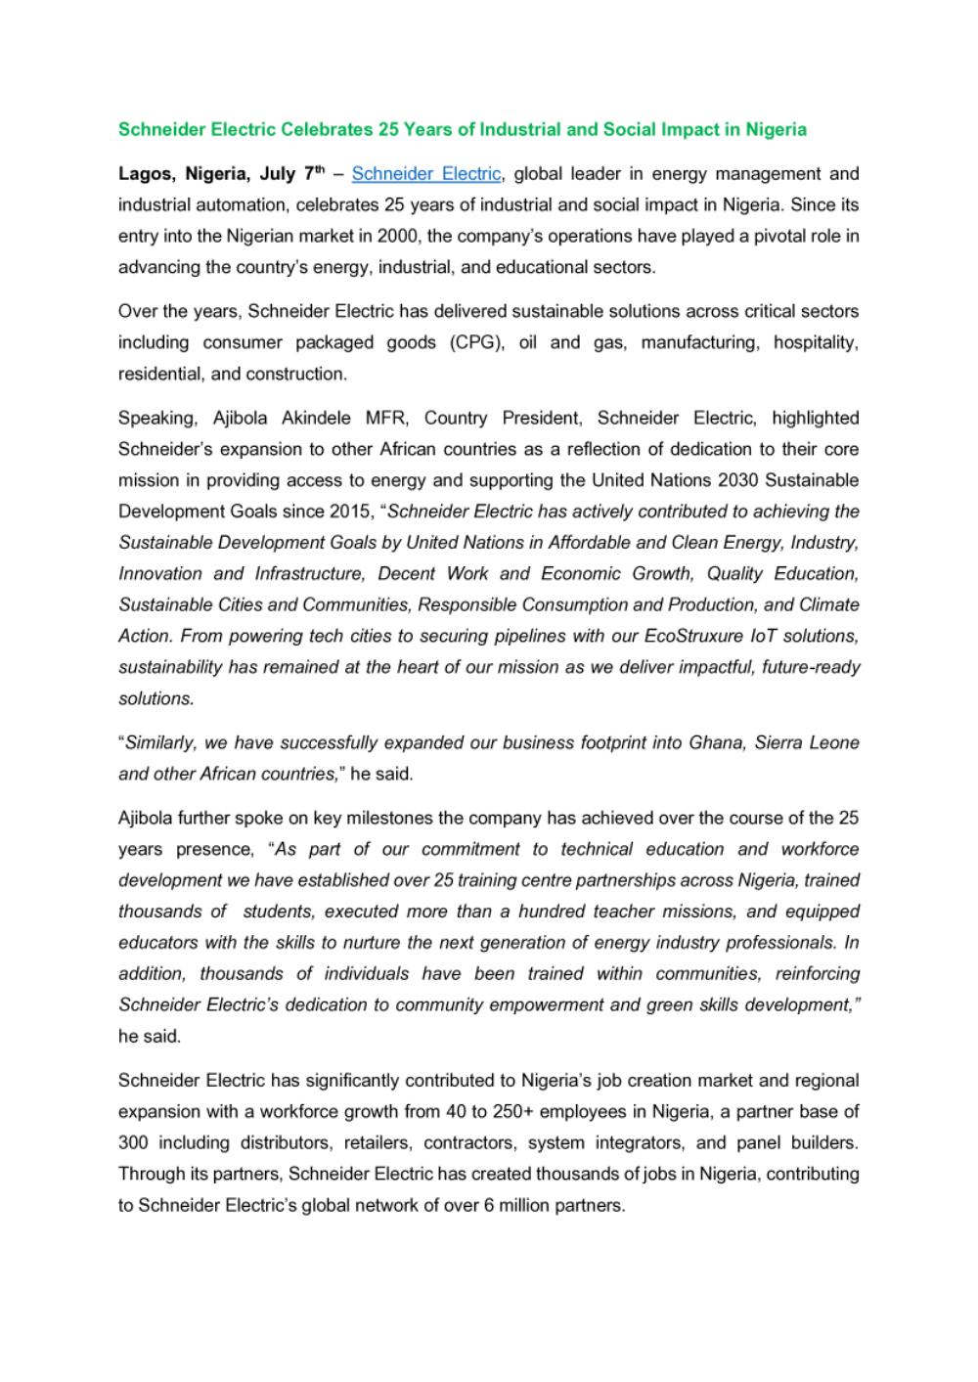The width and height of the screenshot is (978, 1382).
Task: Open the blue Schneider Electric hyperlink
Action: (x=425, y=174)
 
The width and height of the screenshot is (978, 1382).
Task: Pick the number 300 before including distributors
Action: (x=133, y=1142)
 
